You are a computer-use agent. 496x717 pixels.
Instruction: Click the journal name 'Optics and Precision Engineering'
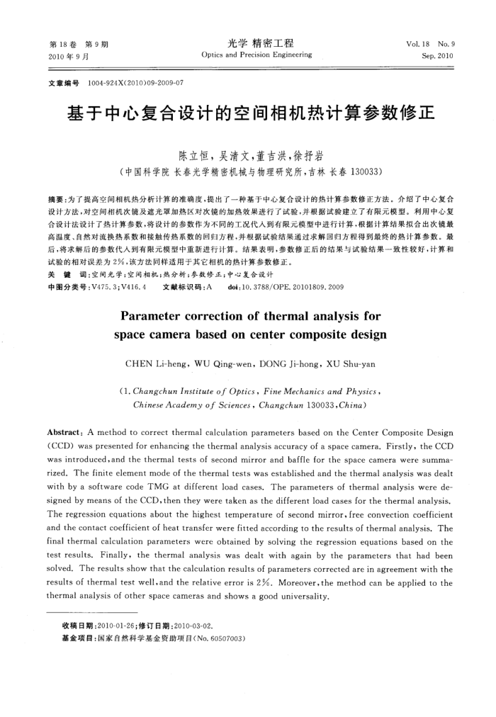click(256, 55)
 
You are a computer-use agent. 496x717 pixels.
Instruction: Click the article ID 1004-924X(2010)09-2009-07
click(135, 83)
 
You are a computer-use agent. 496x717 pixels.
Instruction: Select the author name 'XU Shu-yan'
click(349, 364)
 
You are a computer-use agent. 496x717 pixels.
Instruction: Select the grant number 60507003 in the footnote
click(225, 638)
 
